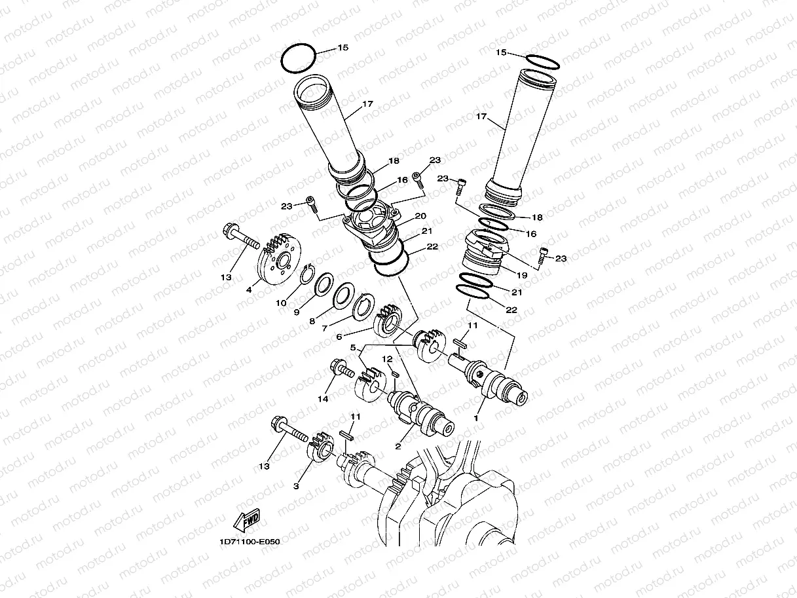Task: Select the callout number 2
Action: click(x=398, y=446)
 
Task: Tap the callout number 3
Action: click(x=296, y=486)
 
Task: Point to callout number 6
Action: click(x=339, y=337)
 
